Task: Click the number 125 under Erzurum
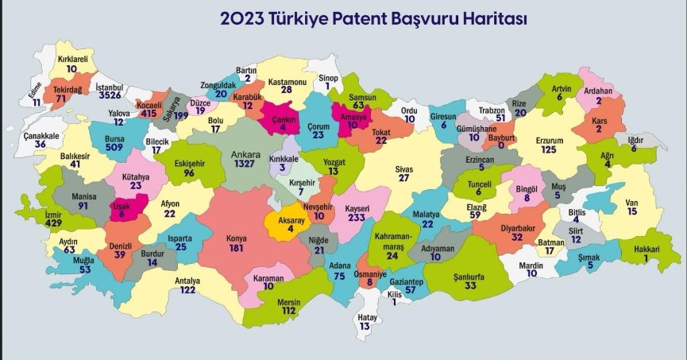(549, 150)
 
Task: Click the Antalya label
(188, 281)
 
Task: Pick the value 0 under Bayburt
(502, 147)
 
